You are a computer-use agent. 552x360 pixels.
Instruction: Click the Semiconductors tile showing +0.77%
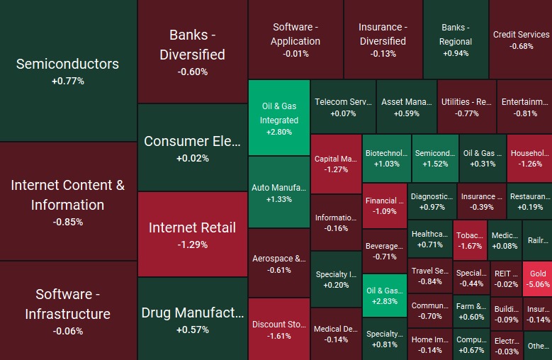click(x=68, y=71)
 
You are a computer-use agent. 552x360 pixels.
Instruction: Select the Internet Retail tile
click(x=192, y=234)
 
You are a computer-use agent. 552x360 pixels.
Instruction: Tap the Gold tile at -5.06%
click(x=538, y=279)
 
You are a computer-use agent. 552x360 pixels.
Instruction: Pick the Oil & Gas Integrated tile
click(x=279, y=118)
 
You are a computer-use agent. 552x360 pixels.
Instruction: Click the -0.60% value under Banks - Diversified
click(x=193, y=72)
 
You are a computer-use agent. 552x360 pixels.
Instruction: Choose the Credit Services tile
click(x=521, y=40)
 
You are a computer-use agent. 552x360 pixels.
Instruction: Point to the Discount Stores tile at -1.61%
click(x=279, y=330)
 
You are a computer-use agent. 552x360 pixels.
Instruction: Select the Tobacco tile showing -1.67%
click(x=470, y=240)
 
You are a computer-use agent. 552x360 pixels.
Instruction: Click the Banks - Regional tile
click(x=456, y=40)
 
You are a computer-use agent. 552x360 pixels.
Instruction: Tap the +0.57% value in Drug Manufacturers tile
click(x=193, y=330)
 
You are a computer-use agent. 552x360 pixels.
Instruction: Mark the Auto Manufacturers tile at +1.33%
click(x=279, y=193)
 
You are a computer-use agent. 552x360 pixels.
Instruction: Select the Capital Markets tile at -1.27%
click(x=336, y=164)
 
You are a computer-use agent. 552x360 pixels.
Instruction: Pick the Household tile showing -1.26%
click(x=529, y=158)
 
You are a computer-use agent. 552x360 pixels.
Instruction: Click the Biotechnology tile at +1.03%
click(x=386, y=158)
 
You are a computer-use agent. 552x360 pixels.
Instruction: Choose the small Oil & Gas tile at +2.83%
click(x=384, y=296)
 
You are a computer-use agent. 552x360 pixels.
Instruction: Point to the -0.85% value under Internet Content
click(x=68, y=222)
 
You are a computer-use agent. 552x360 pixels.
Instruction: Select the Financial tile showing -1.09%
click(x=385, y=206)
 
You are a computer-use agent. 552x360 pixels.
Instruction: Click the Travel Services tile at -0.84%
click(x=430, y=276)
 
